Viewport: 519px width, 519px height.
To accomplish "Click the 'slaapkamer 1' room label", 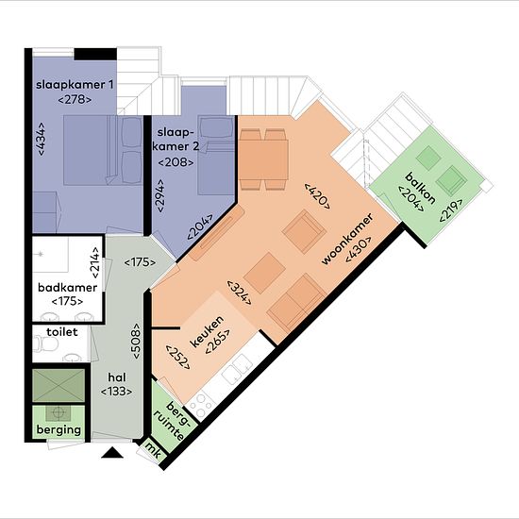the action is [x=75, y=85].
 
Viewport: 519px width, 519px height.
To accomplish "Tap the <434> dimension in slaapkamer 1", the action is [x=42, y=139].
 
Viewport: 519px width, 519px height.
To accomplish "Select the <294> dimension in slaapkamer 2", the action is [x=160, y=195].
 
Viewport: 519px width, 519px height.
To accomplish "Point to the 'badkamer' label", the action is [x=68, y=287].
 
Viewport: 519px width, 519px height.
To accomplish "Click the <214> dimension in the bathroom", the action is [x=95, y=263].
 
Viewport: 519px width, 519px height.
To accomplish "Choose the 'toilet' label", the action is [x=62, y=331].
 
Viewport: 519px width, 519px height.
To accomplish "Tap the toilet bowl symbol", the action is [x=45, y=343].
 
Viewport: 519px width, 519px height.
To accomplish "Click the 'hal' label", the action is [x=117, y=377].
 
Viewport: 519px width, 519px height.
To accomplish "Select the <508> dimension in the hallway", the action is [x=136, y=341].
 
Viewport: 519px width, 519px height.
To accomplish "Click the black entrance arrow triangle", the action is [x=112, y=453].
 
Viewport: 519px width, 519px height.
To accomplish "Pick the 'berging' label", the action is [x=59, y=430].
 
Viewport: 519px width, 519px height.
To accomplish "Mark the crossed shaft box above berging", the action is [x=59, y=385].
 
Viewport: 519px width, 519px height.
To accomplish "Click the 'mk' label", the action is [x=154, y=451].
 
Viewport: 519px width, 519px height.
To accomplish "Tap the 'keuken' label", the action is [x=208, y=331].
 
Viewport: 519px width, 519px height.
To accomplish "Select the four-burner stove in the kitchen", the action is [x=200, y=407].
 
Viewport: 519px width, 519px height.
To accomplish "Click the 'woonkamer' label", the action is [x=347, y=239].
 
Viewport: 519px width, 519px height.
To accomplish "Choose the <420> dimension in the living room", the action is [x=317, y=195].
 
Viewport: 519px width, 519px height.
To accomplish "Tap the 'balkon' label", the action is [x=420, y=189].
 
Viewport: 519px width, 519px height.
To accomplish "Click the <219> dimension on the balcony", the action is [x=451, y=210].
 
